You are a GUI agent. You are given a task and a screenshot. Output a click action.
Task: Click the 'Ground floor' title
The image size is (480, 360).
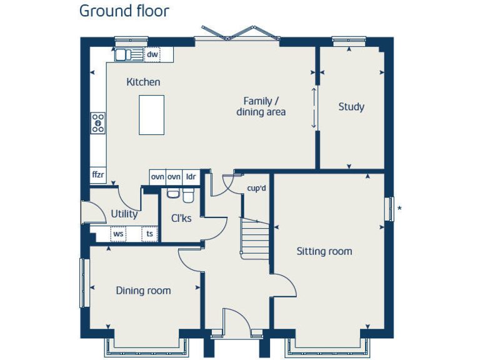point(124,11)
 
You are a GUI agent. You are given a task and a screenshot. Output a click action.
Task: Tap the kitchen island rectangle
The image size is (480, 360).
point(151,115)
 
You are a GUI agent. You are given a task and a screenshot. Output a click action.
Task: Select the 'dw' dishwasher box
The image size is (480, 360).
point(152,55)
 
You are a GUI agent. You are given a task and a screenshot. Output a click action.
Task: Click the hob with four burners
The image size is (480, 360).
point(98,123)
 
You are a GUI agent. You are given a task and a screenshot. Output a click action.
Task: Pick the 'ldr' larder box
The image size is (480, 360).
point(191,177)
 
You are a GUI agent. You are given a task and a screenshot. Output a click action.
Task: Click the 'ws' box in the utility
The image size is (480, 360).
point(118,234)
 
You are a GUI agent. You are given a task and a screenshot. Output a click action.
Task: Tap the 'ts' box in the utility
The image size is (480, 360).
point(149,234)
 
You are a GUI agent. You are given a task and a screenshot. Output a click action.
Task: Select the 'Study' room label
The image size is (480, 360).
point(351,107)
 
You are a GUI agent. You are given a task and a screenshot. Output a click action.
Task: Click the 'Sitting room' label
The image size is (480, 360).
point(324,251)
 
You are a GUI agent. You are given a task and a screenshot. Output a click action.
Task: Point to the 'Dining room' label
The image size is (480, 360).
point(143,291)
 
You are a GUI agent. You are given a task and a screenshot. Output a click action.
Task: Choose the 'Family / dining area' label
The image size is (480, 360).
point(261,106)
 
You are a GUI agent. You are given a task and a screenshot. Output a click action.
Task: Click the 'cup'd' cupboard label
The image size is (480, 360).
point(256,188)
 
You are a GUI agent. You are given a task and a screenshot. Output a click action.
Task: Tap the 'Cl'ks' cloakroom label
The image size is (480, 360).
point(181,218)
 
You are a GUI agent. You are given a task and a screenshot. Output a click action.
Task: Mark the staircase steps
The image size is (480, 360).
point(256,238)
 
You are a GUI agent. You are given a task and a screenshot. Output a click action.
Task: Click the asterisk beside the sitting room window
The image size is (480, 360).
point(399,209)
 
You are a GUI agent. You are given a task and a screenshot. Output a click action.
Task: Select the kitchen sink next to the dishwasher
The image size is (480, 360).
point(128,55)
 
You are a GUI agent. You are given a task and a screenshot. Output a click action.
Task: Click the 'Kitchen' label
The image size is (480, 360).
point(143,82)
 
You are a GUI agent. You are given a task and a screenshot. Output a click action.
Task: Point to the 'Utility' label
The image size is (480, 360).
point(124,214)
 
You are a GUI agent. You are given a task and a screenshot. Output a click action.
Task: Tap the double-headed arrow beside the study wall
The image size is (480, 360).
point(314,107)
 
